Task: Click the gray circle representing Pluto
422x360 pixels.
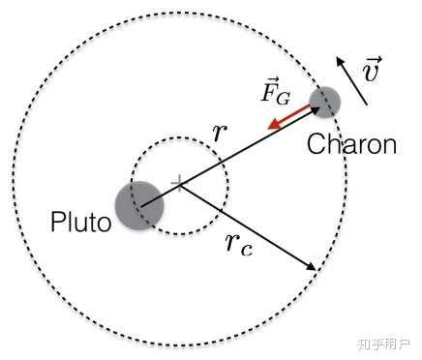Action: tap(139, 205)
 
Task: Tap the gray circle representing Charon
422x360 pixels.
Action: tap(324, 103)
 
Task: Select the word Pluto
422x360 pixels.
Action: tap(81, 222)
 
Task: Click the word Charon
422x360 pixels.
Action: tap(351, 144)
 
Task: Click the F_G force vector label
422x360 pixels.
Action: tap(275, 91)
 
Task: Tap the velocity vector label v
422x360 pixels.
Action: tap(372, 69)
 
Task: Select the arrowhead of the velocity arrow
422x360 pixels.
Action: tap(340, 62)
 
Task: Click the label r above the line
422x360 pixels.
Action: tap(220, 133)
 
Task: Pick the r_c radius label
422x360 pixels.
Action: tap(239, 244)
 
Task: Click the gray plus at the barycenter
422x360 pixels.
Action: tap(179, 183)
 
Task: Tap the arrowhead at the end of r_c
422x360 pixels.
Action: tap(312, 266)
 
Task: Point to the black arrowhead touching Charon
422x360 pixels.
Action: tap(315, 111)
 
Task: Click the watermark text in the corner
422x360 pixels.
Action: tap(383, 345)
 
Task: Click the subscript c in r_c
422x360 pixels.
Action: tap(247, 251)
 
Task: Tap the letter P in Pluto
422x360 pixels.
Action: tap(58, 222)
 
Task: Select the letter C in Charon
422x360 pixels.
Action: tap(316, 144)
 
